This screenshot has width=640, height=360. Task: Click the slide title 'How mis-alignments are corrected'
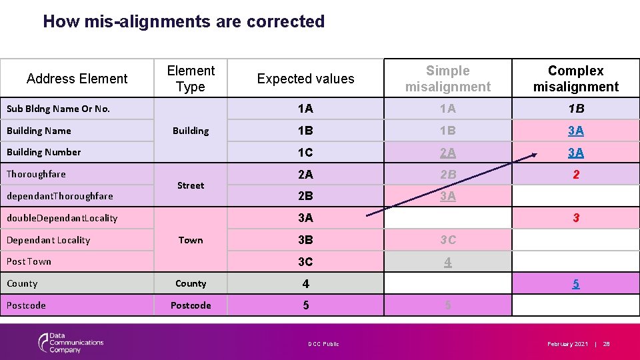tap(183, 21)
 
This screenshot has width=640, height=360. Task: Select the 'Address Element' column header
tap(77, 79)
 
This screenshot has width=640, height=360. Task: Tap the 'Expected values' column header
tap(305, 79)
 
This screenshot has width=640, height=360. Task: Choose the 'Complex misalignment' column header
tap(575, 79)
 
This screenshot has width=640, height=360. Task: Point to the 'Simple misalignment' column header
tap(447, 79)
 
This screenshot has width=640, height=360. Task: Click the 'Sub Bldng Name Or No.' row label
tap(58, 109)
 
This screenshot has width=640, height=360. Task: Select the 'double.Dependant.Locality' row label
tap(61, 218)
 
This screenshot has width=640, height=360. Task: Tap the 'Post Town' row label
tap(29, 261)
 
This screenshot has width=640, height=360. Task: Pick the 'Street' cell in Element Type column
tap(191, 185)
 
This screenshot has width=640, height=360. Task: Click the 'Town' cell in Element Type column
tap(191, 240)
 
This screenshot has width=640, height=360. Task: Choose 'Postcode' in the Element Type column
tap(191, 305)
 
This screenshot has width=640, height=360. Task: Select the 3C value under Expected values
tap(305, 262)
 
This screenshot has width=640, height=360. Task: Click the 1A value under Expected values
tap(305, 109)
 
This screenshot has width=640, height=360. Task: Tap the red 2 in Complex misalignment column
tap(576, 175)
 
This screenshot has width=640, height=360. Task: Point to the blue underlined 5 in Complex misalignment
tap(576, 284)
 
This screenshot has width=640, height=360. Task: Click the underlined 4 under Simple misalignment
tap(447, 262)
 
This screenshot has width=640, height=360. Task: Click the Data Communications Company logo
tap(71, 343)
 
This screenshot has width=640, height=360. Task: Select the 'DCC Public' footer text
tap(323, 344)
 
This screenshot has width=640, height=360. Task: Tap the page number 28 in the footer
tap(606, 344)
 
